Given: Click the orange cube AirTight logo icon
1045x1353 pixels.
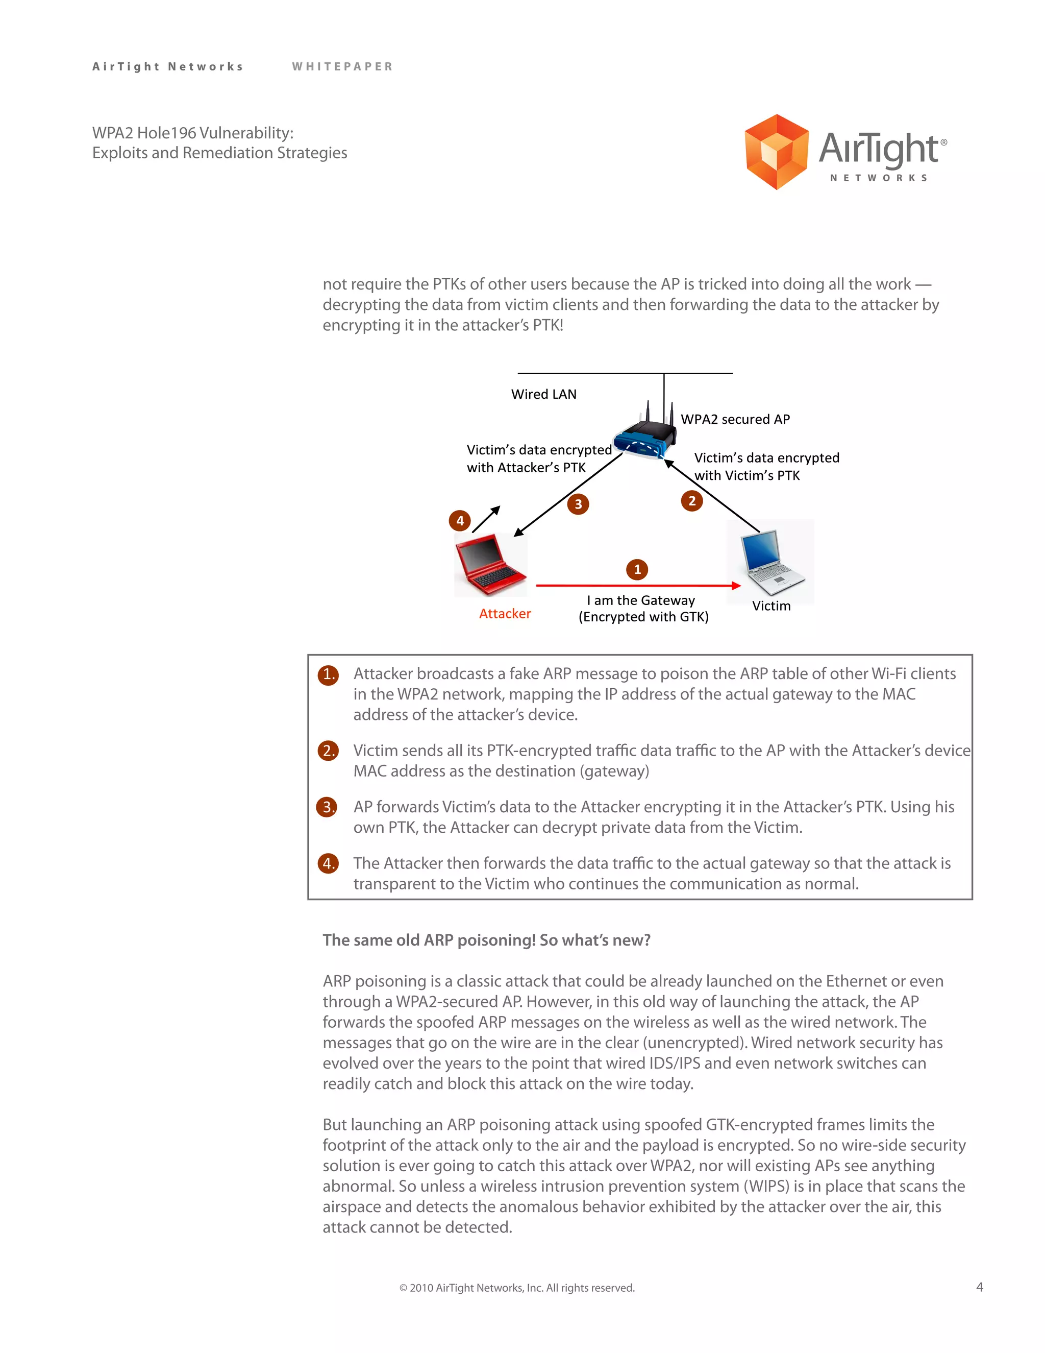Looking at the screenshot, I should click(776, 152).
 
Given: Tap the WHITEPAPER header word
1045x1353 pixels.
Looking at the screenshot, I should click(342, 66).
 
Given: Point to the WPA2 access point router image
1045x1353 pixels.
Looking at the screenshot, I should click(645, 436).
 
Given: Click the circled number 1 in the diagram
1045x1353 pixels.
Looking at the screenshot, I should click(637, 569).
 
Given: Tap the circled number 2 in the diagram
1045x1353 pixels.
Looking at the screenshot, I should click(691, 500).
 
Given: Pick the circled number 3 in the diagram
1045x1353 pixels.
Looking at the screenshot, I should click(578, 503).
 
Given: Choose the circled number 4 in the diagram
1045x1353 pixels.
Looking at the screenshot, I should click(459, 520).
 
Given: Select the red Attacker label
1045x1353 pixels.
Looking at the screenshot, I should click(505, 613).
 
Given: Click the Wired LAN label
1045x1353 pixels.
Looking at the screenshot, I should click(543, 394).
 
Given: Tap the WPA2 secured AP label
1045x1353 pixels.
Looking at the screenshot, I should click(735, 419).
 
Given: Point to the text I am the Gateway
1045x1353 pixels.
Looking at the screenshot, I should click(641, 600).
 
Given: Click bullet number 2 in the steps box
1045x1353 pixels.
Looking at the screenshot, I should click(328, 751).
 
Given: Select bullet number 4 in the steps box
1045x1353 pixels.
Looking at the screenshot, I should click(328, 863).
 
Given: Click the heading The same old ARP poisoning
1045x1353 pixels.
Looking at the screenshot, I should click(486, 940).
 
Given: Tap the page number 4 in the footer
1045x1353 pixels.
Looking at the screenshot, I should click(979, 1287).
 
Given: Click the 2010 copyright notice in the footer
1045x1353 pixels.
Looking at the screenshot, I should click(517, 1288).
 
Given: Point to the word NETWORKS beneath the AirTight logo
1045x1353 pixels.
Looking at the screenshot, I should click(879, 178).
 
